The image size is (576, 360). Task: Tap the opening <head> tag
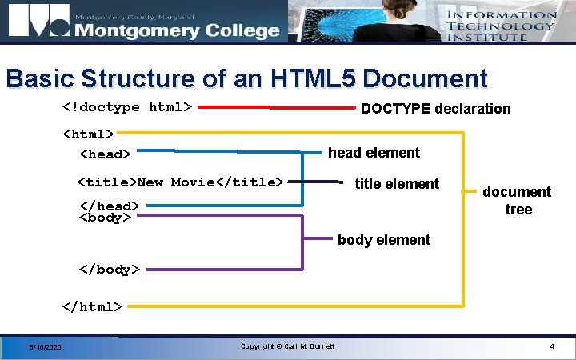tap(104, 153)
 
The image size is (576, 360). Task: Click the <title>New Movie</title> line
tap(180, 182)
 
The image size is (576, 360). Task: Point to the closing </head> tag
tap(109, 206)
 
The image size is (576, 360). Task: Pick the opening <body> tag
tap(105, 218)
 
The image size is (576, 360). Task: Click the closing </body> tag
tap(109, 270)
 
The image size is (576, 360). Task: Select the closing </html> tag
tap(93, 306)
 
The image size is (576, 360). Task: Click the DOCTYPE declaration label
tap(435, 109)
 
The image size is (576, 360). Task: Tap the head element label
tap(374, 153)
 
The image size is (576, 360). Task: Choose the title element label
tap(397, 184)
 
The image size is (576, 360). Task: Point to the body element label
tap(384, 240)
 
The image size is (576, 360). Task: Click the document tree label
tap(516, 200)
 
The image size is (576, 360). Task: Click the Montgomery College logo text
tap(176, 30)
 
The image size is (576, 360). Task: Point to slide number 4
tap(552, 346)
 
